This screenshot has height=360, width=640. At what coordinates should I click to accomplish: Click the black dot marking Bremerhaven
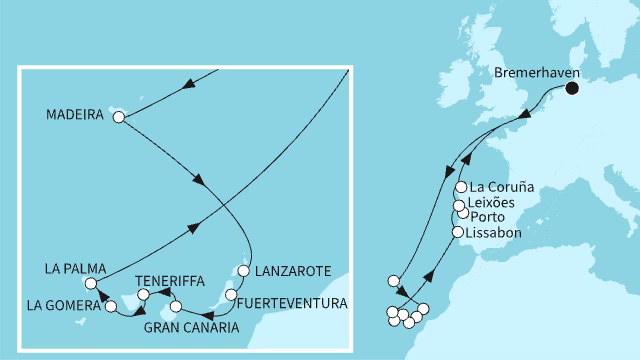click(572, 89)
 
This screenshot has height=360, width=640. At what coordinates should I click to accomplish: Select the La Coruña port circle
click(460, 187)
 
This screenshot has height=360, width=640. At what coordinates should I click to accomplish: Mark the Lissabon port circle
click(458, 232)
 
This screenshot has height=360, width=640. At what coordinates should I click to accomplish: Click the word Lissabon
click(496, 232)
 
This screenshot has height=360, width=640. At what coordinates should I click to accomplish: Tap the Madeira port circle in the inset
click(119, 117)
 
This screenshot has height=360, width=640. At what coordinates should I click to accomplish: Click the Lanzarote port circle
click(242, 270)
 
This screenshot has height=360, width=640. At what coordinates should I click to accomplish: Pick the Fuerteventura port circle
click(231, 295)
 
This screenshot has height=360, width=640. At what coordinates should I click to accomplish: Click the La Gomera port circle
click(112, 306)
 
